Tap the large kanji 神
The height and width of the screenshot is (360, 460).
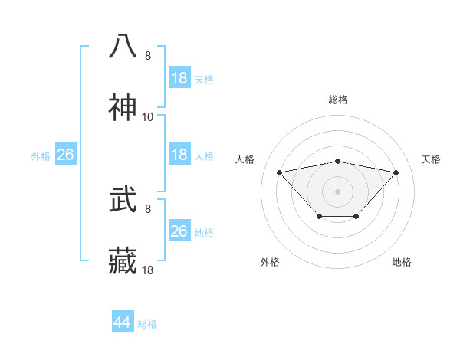pyautogui.click(x=123, y=108)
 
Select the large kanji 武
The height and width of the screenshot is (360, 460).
pyautogui.click(x=123, y=200)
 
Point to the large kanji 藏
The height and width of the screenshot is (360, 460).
pyautogui.click(x=123, y=261)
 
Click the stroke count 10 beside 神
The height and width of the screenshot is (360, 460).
pyautogui.click(x=148, y=117)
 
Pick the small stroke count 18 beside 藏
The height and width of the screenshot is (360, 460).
pyautogui.click(x=148, y=270)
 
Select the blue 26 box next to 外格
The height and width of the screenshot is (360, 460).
pyautogui.click(x=65, y=155)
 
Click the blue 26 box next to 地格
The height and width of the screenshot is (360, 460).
pyautogui.click(x=179, y=231)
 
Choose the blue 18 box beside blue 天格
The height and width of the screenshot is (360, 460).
pyautogui.click(x=179, y=78)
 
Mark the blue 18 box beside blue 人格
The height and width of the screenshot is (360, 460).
pyautogui.click(x=179, y=155)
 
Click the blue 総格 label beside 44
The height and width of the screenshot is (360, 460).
pyautogui.click(x=147, y=324)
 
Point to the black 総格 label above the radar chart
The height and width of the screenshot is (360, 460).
pyautogui.click(x=337, y=100)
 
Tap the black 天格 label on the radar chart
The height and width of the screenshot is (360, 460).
pyautogui.click(x=431, y=159)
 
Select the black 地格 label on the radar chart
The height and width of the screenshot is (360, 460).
pyautogui.click(x=402, y=262)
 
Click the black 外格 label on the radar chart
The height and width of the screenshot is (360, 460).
pyautogui.click(x=270, y=262)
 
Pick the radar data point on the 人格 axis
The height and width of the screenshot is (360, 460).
pyautogui.click(x=279, y=172)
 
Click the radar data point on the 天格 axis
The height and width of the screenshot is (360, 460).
pyautogui.click(x=396, y=172)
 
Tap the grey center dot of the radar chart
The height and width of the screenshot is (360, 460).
pyautogui.click(x=337, y=191)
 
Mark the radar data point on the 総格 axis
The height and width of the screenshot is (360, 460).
pyautogui.click(x=337, y=162)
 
